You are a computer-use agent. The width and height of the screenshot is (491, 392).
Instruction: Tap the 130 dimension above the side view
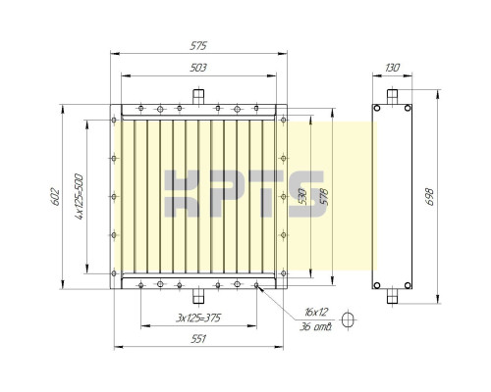click(392, 68)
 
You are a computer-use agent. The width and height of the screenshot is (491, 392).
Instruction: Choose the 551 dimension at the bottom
click(199, 339)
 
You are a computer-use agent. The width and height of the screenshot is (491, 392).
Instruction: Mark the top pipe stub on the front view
click(197, 95)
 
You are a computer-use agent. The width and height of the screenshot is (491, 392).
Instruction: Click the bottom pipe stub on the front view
click(197, 295)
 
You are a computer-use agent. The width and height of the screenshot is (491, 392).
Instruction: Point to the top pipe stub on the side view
click(392, 96)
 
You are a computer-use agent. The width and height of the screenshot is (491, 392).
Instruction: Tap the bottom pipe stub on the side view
click(392, 294)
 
